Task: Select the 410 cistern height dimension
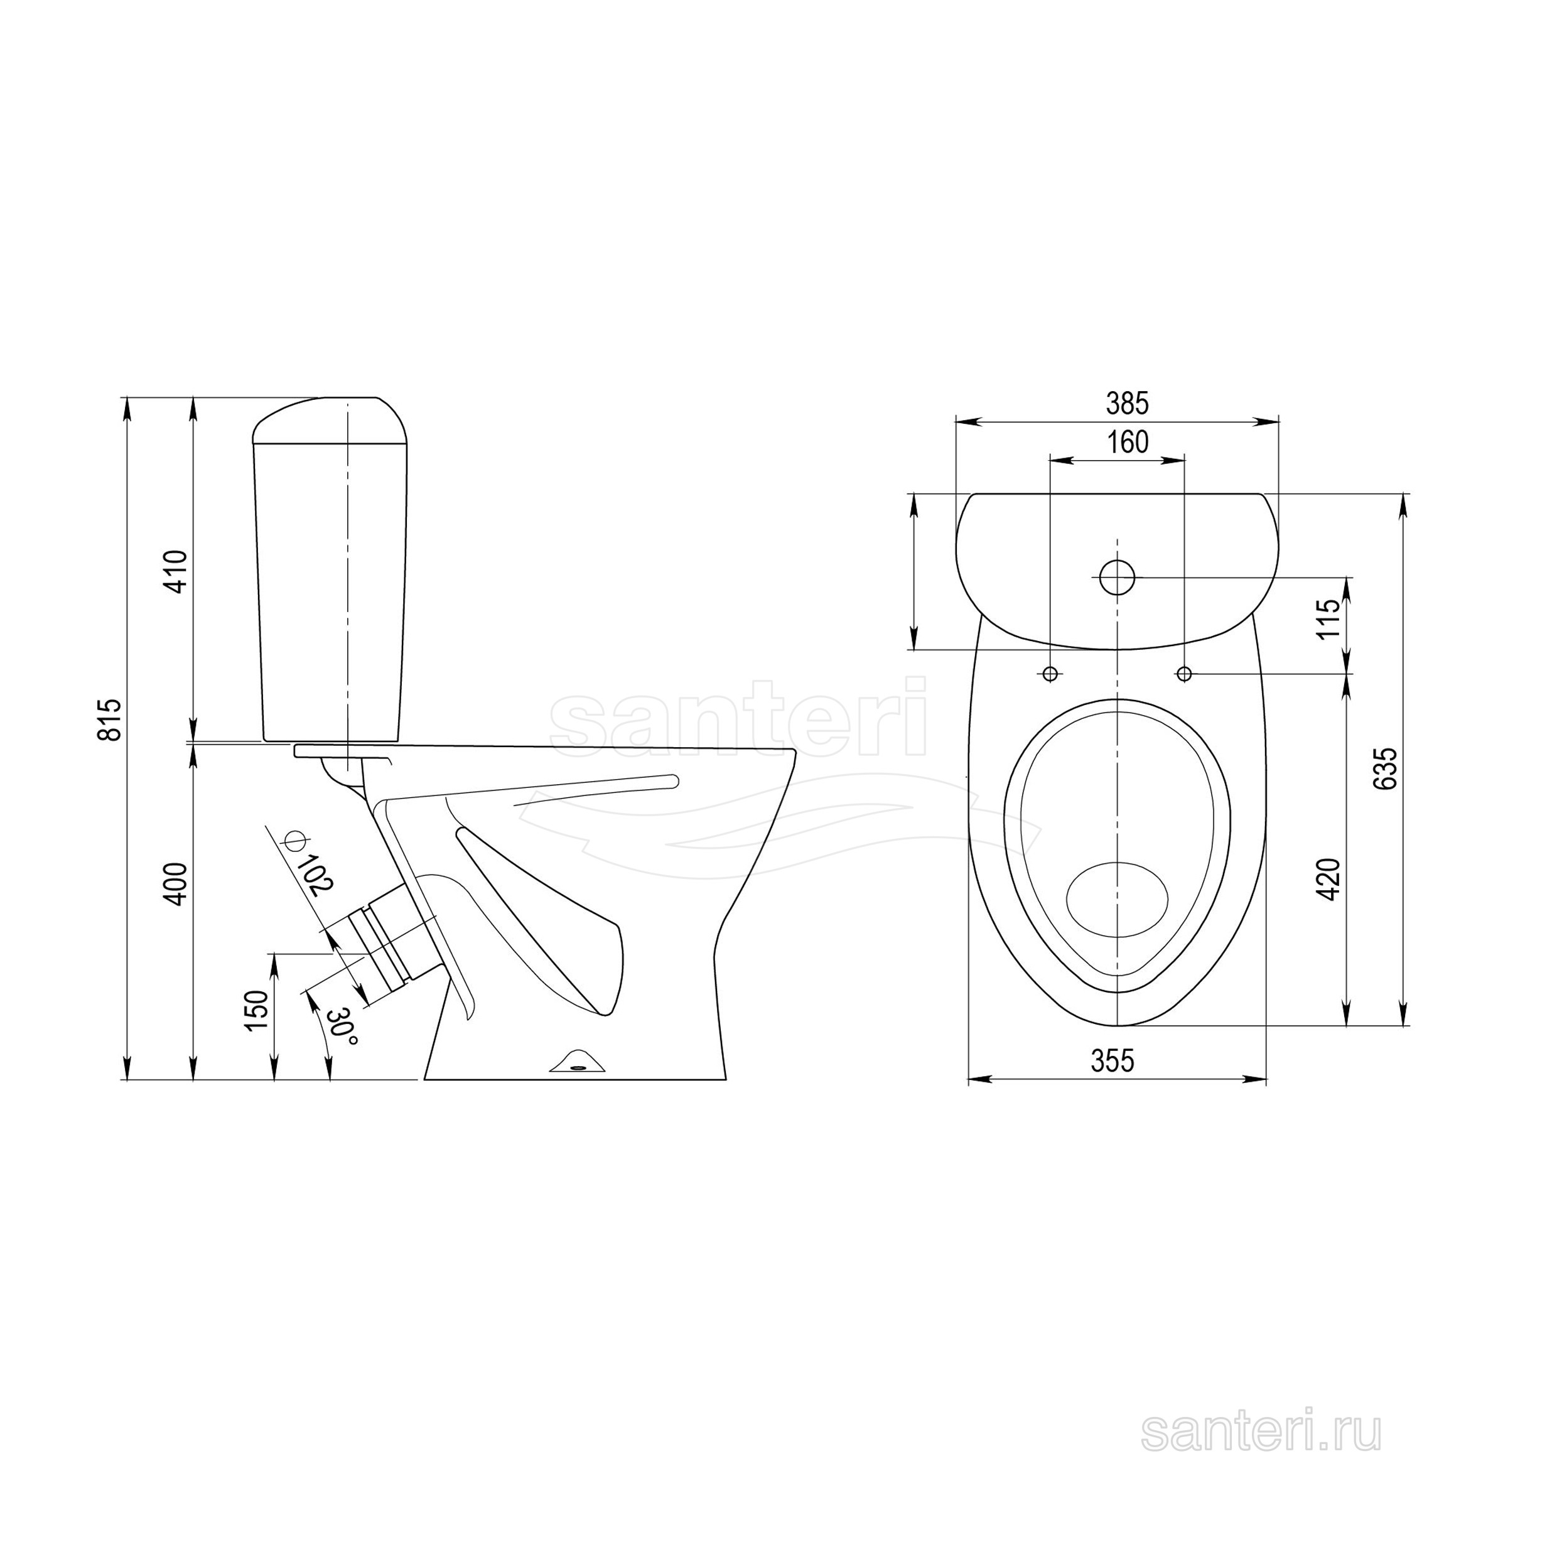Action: point(176,571)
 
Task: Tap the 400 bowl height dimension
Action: point(176,884)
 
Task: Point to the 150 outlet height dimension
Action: point(256,1011)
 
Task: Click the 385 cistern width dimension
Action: point(1127,404)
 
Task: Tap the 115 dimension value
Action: point(1329,618)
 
